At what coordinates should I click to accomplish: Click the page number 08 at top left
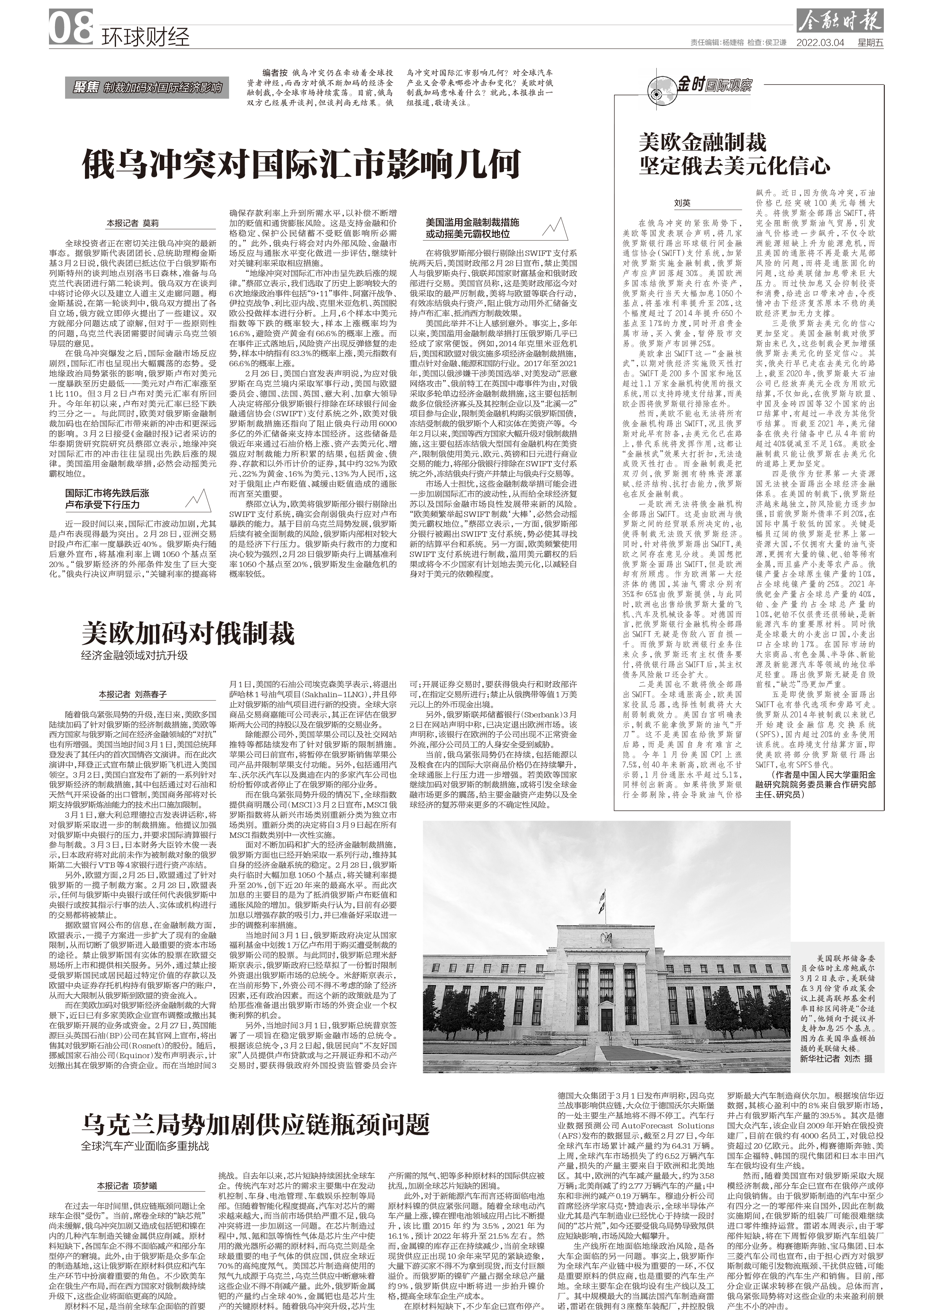(x=71, y=28)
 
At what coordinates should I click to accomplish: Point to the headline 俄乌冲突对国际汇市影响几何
(x=301, y=164)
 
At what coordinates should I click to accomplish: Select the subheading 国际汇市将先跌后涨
(x=107, y=493)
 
